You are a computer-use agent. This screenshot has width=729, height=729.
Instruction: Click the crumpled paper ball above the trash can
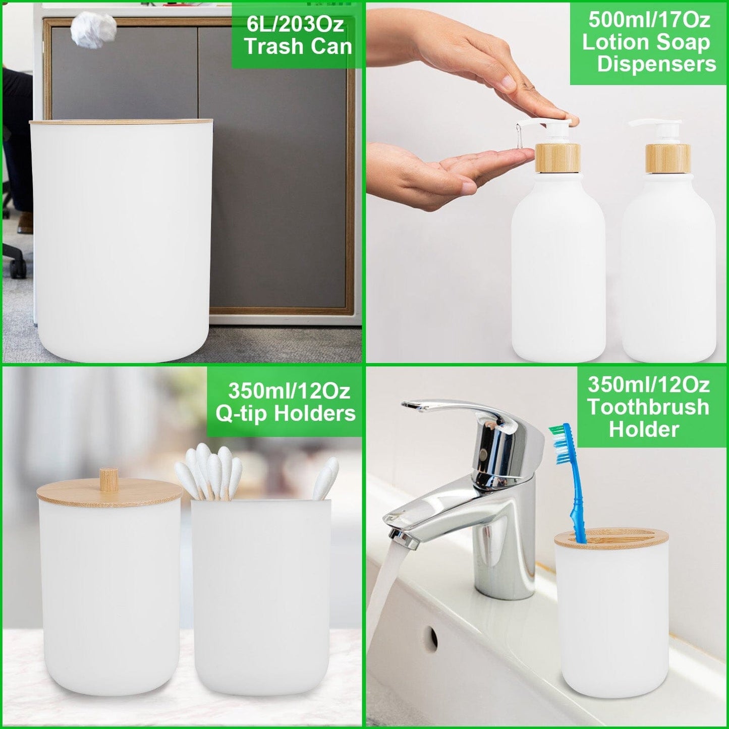pyautogui.click(x=94, y=30)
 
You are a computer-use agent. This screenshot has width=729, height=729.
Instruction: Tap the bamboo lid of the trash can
pyautogui.click(x=121, y=122)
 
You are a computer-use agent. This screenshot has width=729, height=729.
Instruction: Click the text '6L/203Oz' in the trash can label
pyautogui.click(x=295, y=24)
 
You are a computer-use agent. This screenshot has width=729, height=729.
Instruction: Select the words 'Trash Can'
pyautogui.click(x=298, y=46)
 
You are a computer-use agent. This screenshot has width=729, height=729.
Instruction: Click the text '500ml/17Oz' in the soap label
pyautogui.click(x=649, y=20)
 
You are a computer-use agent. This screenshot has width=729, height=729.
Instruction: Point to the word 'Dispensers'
pyautogui.click(x=656, y=64)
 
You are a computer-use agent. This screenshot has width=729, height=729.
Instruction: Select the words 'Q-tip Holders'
pyautogui.click(x=286, y=414)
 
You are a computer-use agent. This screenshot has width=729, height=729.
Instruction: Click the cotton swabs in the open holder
pyautogui.click(x=212, y=469)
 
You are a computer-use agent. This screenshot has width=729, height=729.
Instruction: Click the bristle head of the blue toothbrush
pyautogui.click(x=559, y=444)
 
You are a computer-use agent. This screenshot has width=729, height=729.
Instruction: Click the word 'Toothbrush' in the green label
pyautogui.click(x=648, y=407)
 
